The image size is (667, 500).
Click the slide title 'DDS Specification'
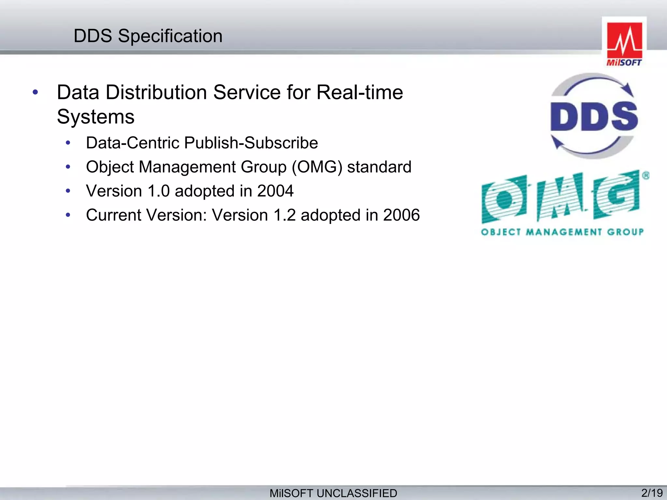[x=148, y=36]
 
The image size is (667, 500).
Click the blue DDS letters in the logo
[x=594, y=117]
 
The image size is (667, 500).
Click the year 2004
[x=275, y=191]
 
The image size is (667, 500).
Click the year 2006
[x=401, y=215]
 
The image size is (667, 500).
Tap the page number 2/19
[x=652, y=493]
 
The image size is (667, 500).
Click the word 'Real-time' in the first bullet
[x=360, y=92]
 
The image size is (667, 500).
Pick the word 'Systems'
[x=95, y=117]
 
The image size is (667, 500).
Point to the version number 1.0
[x=159, y=191]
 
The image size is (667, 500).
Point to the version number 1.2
[x=284, y=215]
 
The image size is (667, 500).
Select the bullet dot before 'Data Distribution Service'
[x=35, y=92]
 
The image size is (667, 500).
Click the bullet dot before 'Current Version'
[x=68, y=215]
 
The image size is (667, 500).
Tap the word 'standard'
[x=379, y=167]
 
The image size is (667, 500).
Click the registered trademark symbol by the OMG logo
[x=646, y=176]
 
